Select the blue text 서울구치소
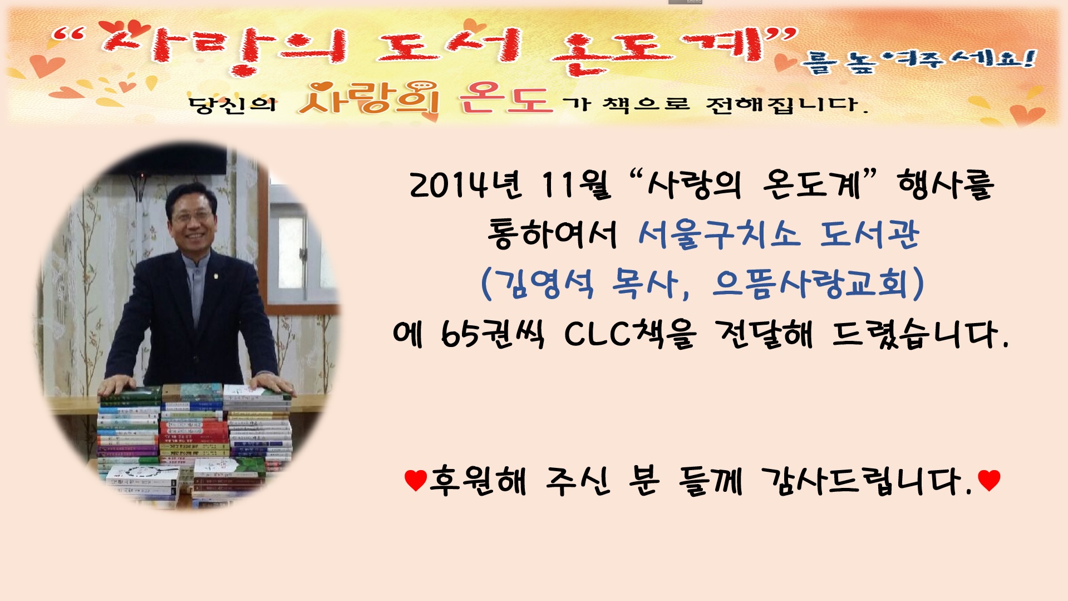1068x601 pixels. pyautogui.click(x=719, y=233)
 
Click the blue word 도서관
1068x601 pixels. pyautogui.click(x=869, y=233)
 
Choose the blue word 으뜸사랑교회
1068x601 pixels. pyautogui.click(x=810, y=284)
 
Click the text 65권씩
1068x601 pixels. pyautogui.click(x=493, y=334)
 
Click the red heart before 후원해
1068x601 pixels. pyautogui.click(x=415, y=480)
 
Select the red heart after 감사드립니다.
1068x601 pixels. pyautogui.click(x=989, y=480)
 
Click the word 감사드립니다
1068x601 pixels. pyautogui.click(x=865, y=480)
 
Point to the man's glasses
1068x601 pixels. pyautogui.click(x=192, y=217)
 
